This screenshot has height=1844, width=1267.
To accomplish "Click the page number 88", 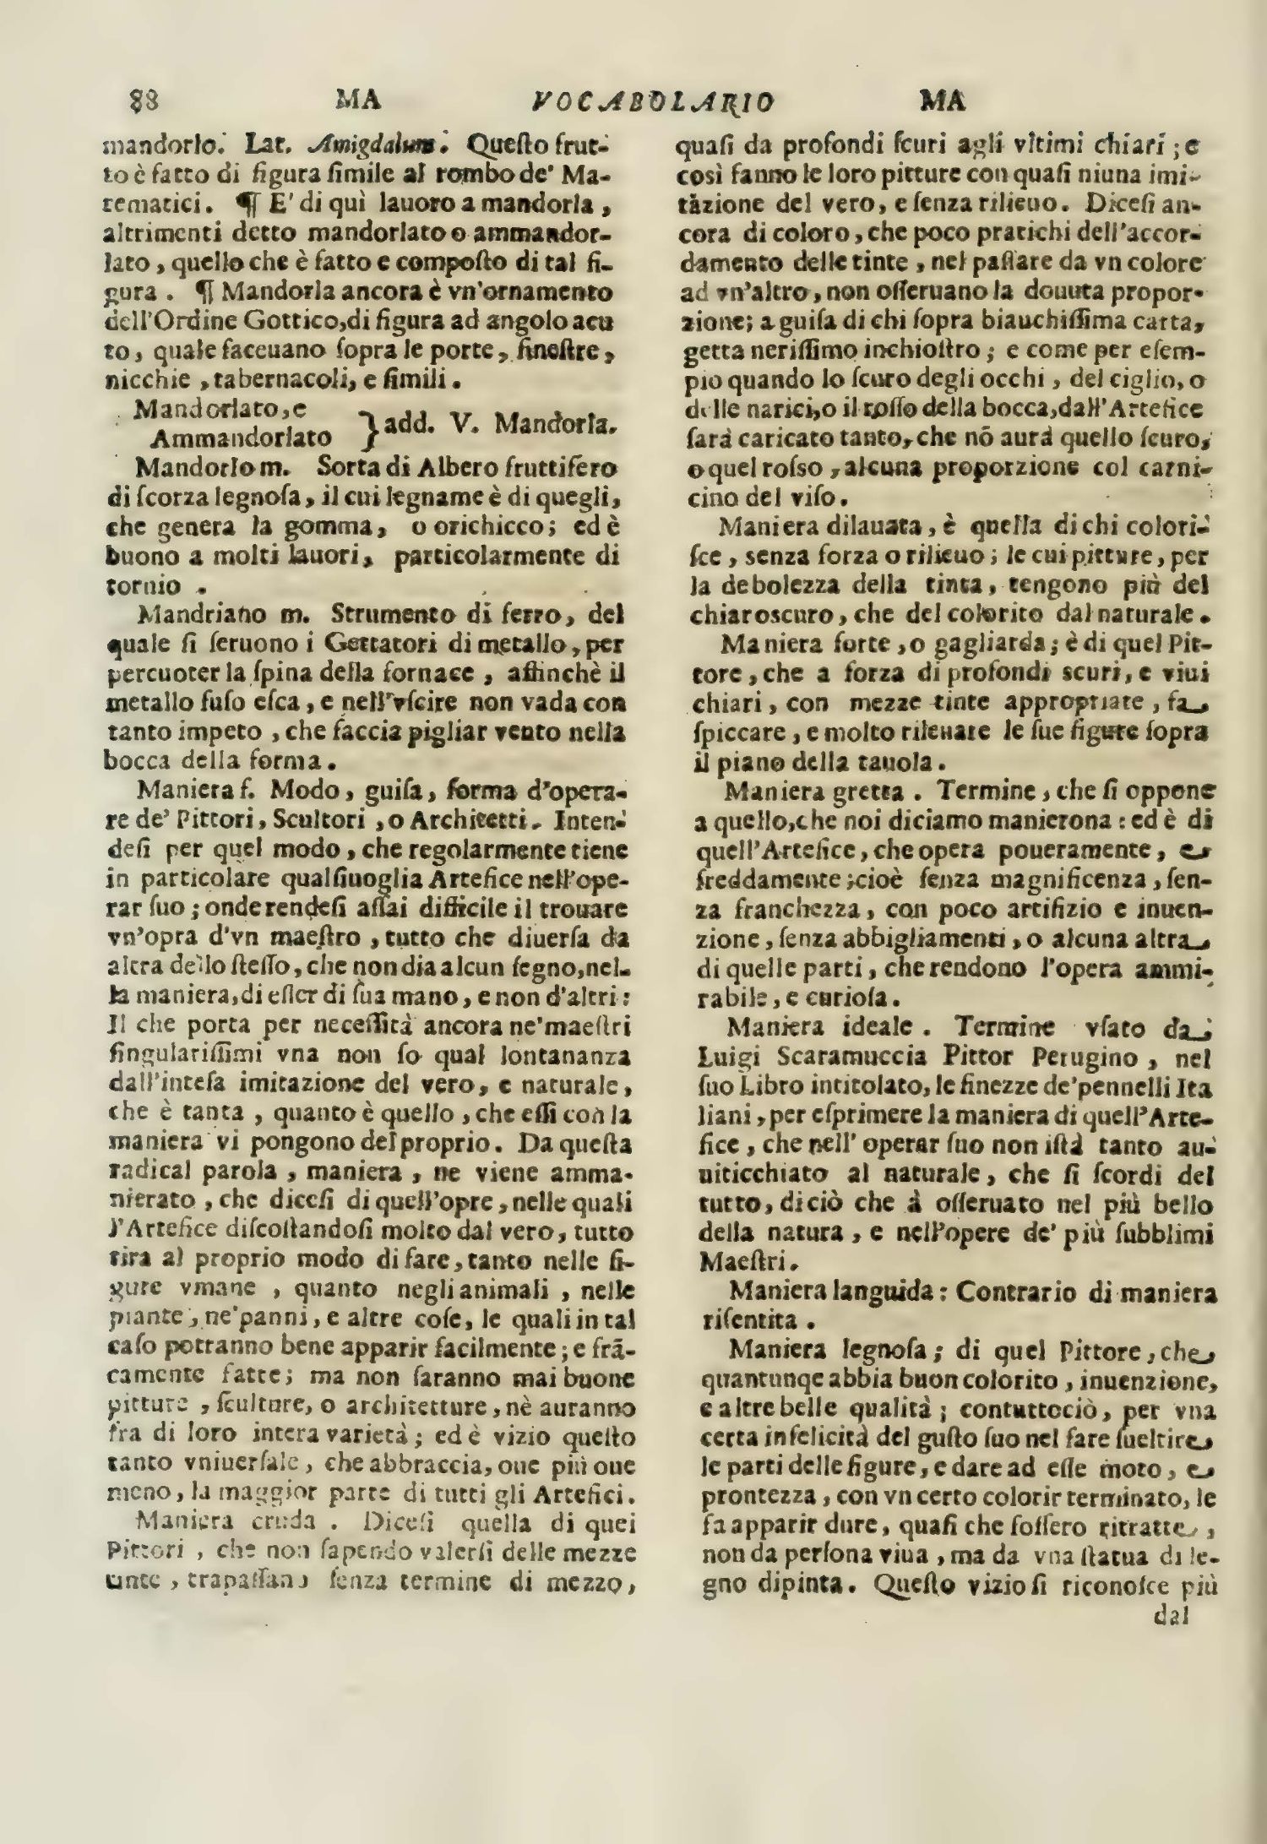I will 145,101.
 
